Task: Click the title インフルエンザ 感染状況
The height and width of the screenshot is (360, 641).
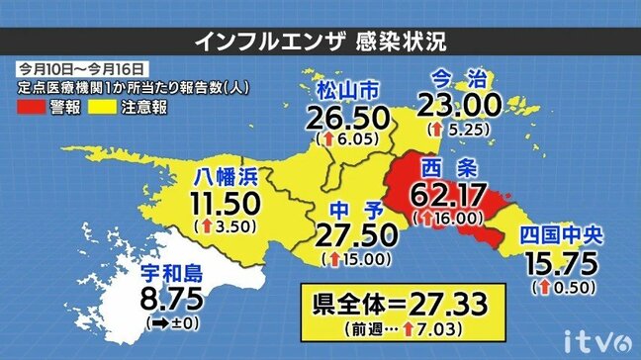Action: click(320, 43)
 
